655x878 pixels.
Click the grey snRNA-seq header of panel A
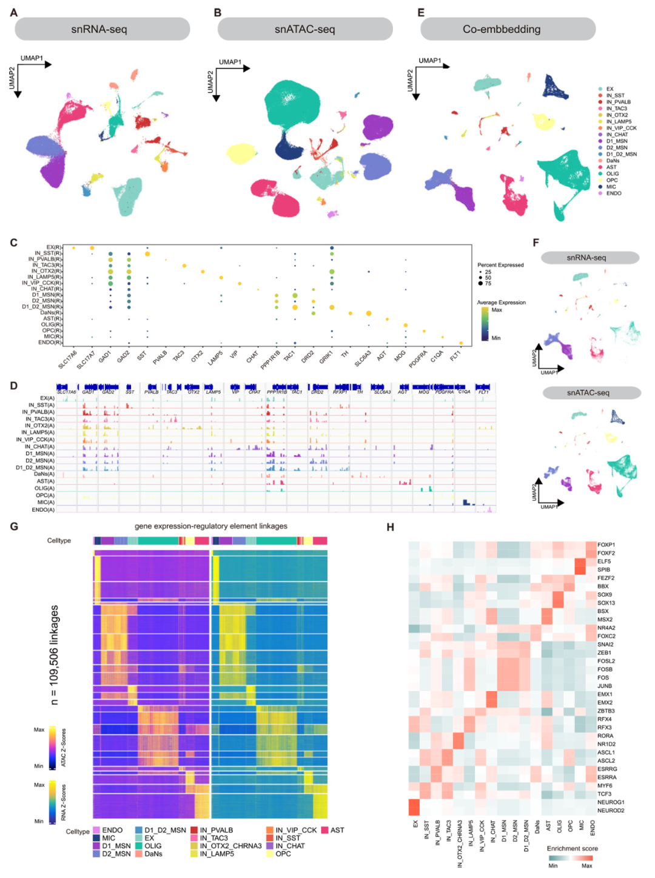tap(102, 29)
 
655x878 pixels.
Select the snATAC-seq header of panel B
tap(304, 29)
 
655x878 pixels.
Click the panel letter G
tap(14, 526)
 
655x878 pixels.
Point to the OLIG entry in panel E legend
tap(613, 174)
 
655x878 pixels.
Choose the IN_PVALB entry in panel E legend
tap(618, 102)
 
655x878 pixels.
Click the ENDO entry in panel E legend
tap(613, 193)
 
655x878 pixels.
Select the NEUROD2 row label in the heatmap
tap(610, 810)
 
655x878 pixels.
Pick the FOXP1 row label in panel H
tap(606, 545)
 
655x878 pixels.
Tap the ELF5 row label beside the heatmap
tap(604, 561)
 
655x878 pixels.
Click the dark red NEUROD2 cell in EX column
tap(414, 807)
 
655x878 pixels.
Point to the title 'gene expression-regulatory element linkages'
tap(211, 526)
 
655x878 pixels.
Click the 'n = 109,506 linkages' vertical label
tap(55, 655)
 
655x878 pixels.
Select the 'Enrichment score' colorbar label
tap(572, 848)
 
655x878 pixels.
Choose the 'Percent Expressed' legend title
tap(500, 265)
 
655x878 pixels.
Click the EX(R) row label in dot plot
tap(53, 247)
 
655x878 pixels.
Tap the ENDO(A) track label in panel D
tap(43, 509)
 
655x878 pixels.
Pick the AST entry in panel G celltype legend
tap(337, 830)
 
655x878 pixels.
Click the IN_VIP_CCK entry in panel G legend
tap(296, 830)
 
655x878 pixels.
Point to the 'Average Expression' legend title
tap(501, 303)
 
